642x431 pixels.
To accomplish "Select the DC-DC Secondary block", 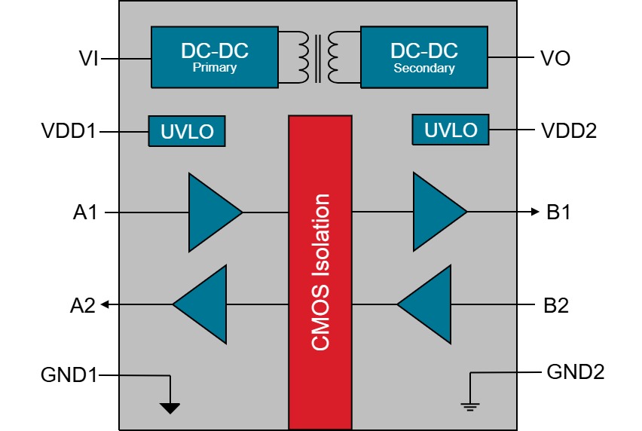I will click(423, 57).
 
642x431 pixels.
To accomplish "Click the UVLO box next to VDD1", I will click(187, 132).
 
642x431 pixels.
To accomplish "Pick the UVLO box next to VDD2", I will click(450, 130).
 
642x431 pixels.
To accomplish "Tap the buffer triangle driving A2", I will click(202, 304).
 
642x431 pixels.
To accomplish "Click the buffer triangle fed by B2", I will click(426, 304).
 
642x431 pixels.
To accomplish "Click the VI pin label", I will click(89, 57).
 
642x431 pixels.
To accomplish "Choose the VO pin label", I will click(557, 57).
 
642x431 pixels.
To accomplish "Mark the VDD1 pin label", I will click(69, 132).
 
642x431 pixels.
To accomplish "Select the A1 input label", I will click(85, 213).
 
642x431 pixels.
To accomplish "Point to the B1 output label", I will click(558, 213).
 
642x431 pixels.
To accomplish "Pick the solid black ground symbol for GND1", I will click(170, 408).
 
